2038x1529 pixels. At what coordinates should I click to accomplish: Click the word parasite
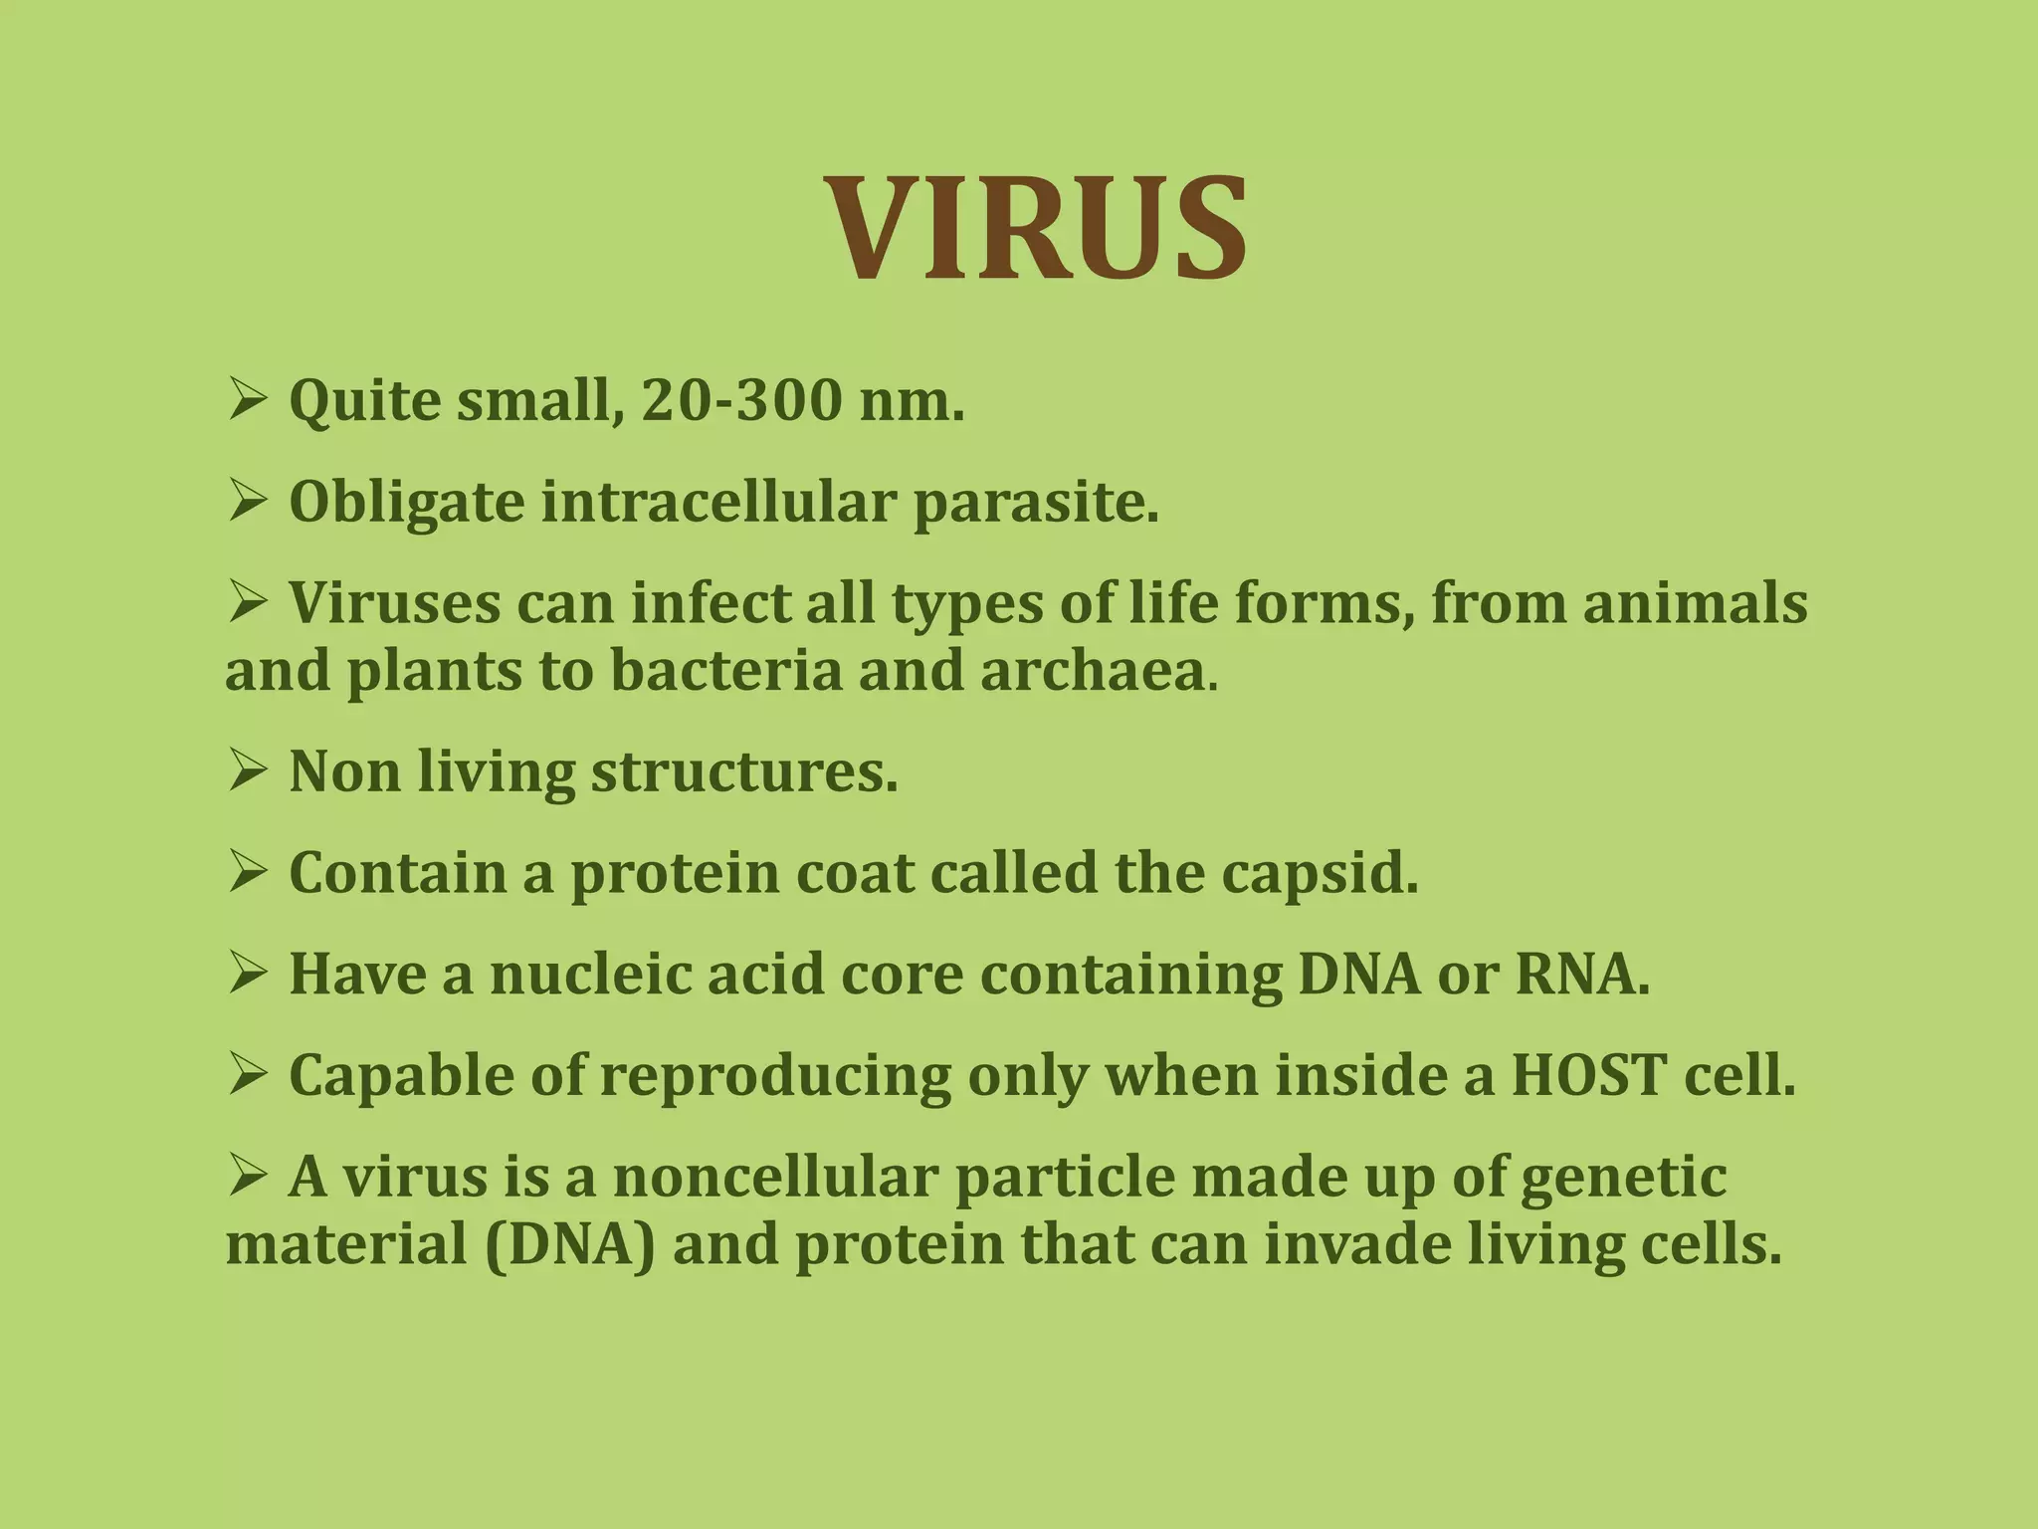pos(1035,503)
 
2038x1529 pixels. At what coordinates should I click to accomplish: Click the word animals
pos(1695,604)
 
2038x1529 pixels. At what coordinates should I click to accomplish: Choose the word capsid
pos(1319,874)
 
